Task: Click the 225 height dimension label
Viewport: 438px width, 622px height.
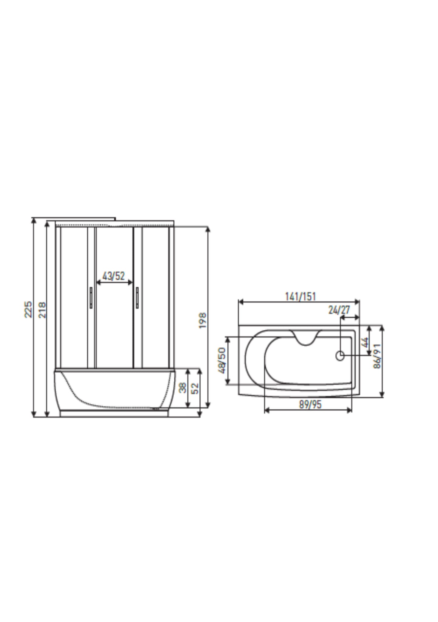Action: tap(28, 309)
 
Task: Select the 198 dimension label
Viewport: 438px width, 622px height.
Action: tap(202, 320)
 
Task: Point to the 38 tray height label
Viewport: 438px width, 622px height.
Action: tap(182, 388)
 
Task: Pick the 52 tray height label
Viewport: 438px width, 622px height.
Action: tap(196, 388)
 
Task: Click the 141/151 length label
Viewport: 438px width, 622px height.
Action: tap(300, 296)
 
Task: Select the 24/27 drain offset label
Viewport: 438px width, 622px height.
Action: tap(339, 310)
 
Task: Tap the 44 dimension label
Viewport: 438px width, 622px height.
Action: tap(366, 342)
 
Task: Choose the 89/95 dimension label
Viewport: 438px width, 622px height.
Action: tap(310, 404)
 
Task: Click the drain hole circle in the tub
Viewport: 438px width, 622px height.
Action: tap(340, 355)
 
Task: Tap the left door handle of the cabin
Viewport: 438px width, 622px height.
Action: tap(91, 298)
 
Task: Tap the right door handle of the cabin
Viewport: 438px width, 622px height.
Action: tap(137, 298)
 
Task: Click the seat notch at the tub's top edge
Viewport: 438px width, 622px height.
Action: tap(306, 338)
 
